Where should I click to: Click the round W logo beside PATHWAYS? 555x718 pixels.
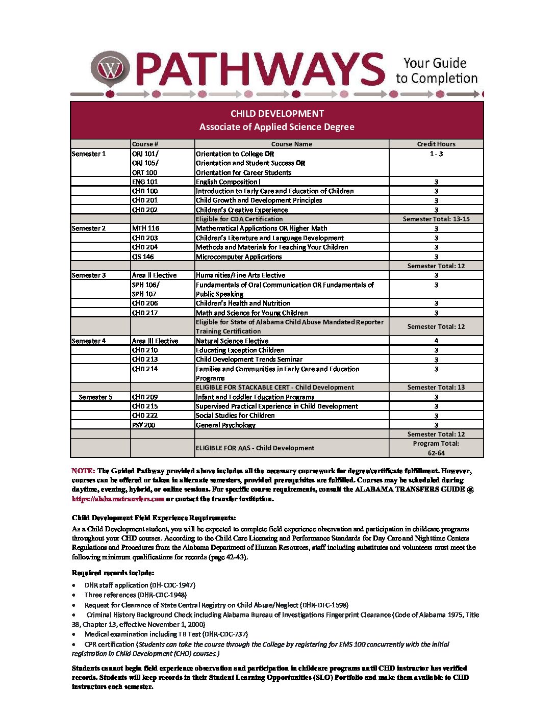(x=111, y=68)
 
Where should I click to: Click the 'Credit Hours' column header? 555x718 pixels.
(x=436, y=144)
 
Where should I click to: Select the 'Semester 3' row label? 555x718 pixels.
(x=89, y=275)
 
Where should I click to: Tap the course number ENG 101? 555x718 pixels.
(x=145, y=182)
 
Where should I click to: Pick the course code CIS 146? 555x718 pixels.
(x=143, y=257)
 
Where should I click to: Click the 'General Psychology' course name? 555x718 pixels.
(x=225, y=425)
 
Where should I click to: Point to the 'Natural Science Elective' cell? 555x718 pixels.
(x=232, y=341)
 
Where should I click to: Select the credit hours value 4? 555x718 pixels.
(x=436, y=341)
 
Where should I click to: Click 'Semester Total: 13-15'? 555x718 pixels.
(x=436, y=219)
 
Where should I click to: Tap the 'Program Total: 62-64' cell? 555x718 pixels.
(x=436, y=448)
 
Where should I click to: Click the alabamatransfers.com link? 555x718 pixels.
(x=118, y=499)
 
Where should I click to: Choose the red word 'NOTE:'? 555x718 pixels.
(x=83, y=471)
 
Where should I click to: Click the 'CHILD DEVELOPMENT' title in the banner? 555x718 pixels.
(x=277, y=113)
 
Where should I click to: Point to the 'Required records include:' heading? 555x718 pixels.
(x=113, y=573)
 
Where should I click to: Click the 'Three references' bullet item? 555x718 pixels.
(x=136, y=595)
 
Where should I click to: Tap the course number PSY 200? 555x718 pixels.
(x=143, y=425)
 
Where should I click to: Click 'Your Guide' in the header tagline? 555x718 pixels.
(x=435, y=63)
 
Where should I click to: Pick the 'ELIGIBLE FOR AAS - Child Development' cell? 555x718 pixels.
(x=255, y=448)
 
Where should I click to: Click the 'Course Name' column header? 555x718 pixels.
(x=292, y=144)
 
